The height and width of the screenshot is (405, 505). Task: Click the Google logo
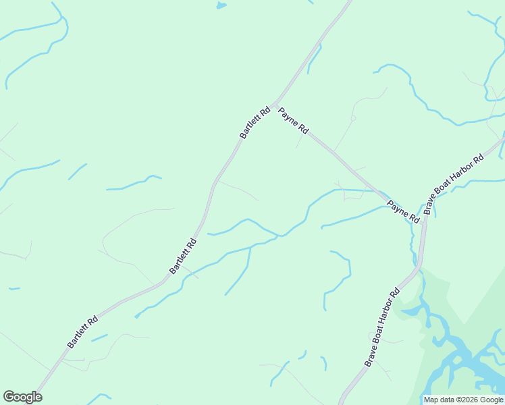pos(22,397)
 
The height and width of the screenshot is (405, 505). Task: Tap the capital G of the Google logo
pos(9,397)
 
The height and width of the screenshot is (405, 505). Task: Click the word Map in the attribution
pos(430,400)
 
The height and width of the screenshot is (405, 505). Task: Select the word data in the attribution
pos(446,400)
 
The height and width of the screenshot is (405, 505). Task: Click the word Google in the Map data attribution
pos(491,400)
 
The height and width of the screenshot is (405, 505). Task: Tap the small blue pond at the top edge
pos(221,5)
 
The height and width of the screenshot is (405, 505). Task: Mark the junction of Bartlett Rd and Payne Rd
pos(275,102)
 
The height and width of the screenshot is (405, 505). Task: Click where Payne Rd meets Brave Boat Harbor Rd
pos(424,217)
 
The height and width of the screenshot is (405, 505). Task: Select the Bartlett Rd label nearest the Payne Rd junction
pos(255,123)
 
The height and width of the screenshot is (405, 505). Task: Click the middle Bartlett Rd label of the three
pos(183,256)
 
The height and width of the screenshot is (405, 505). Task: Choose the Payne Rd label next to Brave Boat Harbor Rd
pos(403,211)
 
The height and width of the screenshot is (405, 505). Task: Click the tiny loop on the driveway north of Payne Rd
pos(353,118)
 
